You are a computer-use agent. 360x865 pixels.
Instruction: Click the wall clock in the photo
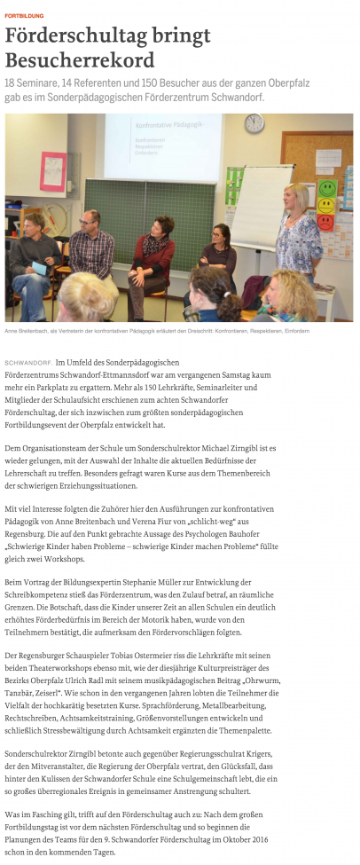(x=254, y=123)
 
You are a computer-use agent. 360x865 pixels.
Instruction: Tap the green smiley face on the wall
(x=328, y=188)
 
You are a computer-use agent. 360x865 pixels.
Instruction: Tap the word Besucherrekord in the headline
(x=80, y=60)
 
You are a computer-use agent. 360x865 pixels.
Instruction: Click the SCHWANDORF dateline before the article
(x=27, y=364)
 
